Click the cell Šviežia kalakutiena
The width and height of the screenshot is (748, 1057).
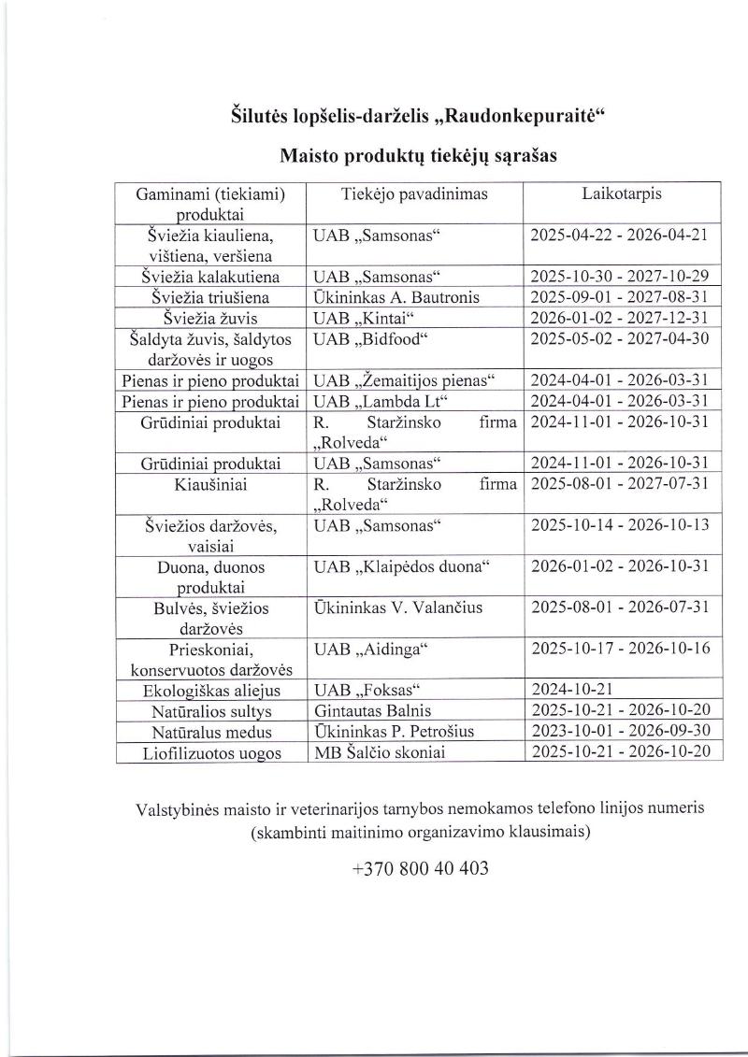(x=210, y=278)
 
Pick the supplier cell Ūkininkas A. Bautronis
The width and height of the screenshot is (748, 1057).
(x=397, y=297)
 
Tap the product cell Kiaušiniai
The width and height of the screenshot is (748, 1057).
(x=210, y=485)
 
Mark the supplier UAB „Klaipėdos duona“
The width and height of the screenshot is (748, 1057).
(x=402, y=567)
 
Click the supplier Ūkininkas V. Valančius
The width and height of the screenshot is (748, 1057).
(x=398, y=608)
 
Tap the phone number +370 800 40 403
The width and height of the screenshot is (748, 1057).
(x=420, y=868)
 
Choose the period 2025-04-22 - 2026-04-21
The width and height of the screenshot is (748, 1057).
(x=619, y=234)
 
